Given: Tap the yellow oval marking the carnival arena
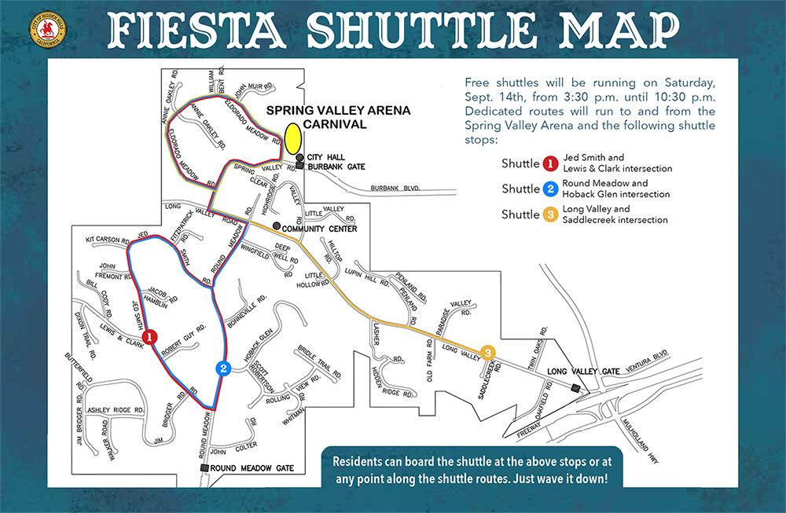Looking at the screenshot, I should coord(293,138).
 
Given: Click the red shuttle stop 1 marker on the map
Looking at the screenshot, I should coord(152,335).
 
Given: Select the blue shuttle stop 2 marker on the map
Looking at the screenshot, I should coord(224,368).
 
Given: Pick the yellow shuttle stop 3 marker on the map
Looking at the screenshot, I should coord(488,352).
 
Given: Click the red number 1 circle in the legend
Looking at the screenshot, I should coord(551,164).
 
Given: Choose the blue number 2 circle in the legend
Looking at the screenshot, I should coord(551,189).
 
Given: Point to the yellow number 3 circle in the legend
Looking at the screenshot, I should coord(551,214).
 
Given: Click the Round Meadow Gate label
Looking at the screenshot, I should coord(252,468).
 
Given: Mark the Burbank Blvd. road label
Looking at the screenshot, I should coord(395,189).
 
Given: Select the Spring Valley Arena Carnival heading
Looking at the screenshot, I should coord(338,117).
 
